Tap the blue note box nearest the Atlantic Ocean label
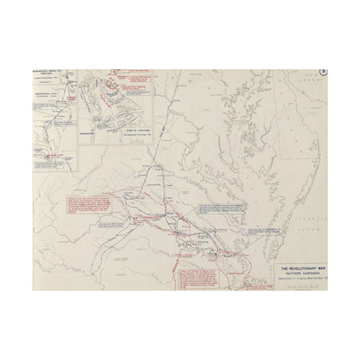[226, 211]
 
